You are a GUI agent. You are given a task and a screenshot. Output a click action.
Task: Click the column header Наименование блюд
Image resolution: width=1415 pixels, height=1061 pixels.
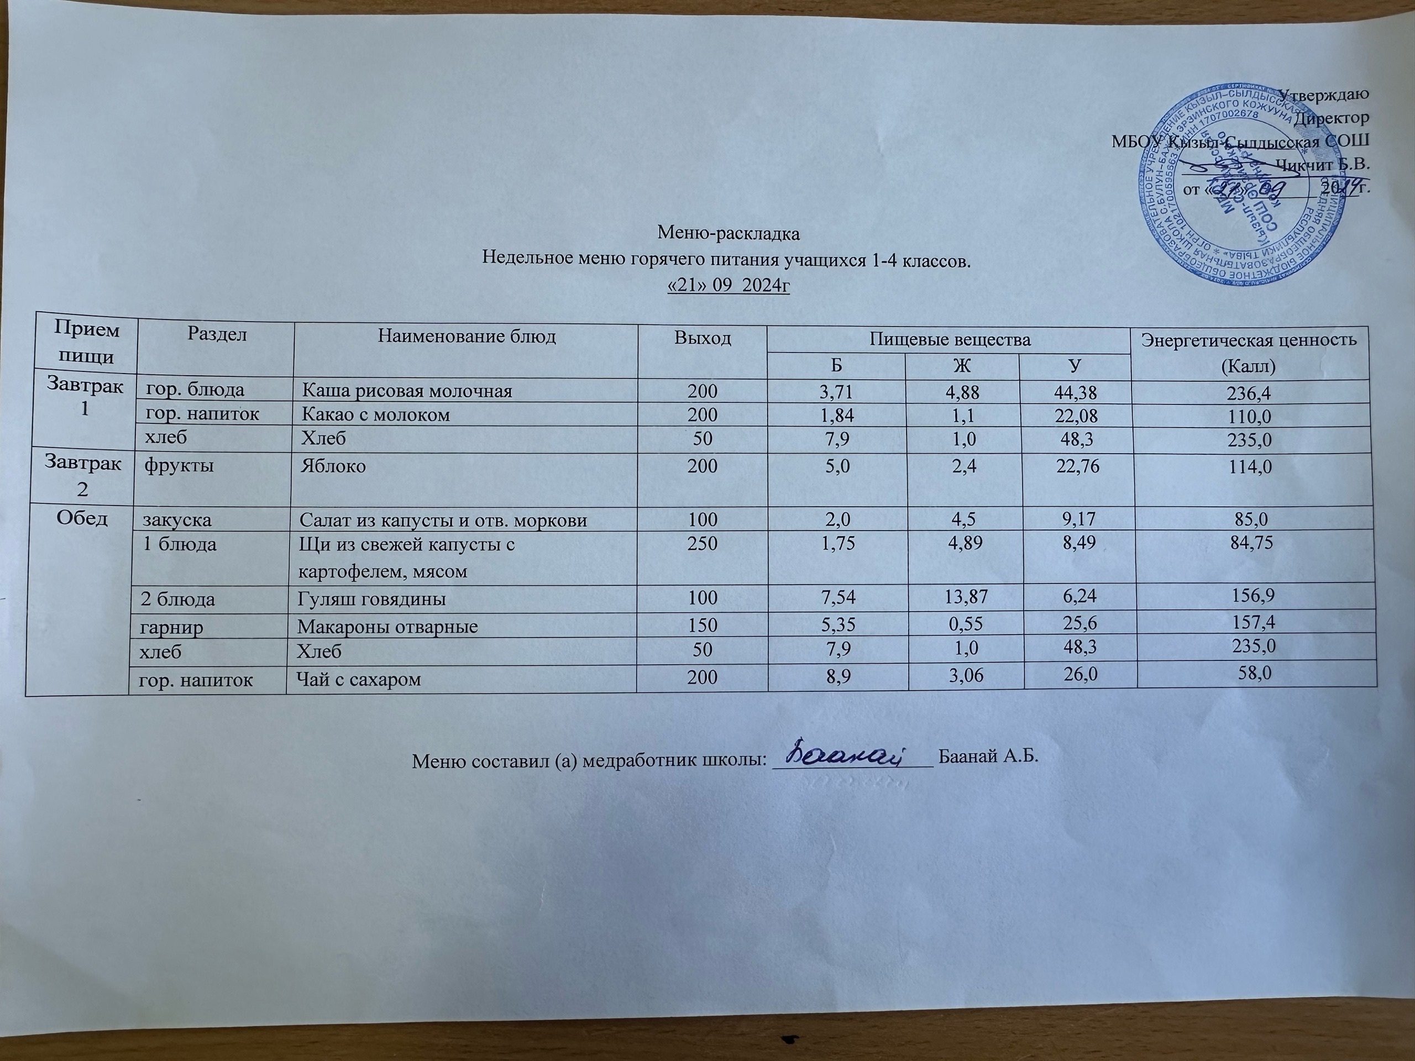467,337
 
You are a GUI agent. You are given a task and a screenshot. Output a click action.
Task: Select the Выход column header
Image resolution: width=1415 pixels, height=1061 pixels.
703,338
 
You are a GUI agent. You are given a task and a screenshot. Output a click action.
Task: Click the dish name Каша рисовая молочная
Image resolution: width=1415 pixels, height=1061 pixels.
407,391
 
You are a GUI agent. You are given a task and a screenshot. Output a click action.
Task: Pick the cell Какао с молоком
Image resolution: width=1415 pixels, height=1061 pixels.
375,415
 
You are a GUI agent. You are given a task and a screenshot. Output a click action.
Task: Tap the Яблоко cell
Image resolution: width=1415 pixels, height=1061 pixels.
333,466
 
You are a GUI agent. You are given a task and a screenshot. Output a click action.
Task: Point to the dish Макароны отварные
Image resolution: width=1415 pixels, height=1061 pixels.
387,626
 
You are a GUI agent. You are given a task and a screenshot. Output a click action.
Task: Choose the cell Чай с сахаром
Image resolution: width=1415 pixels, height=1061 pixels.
359,679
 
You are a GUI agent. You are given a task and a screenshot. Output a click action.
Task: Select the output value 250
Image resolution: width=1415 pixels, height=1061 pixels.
703,544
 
